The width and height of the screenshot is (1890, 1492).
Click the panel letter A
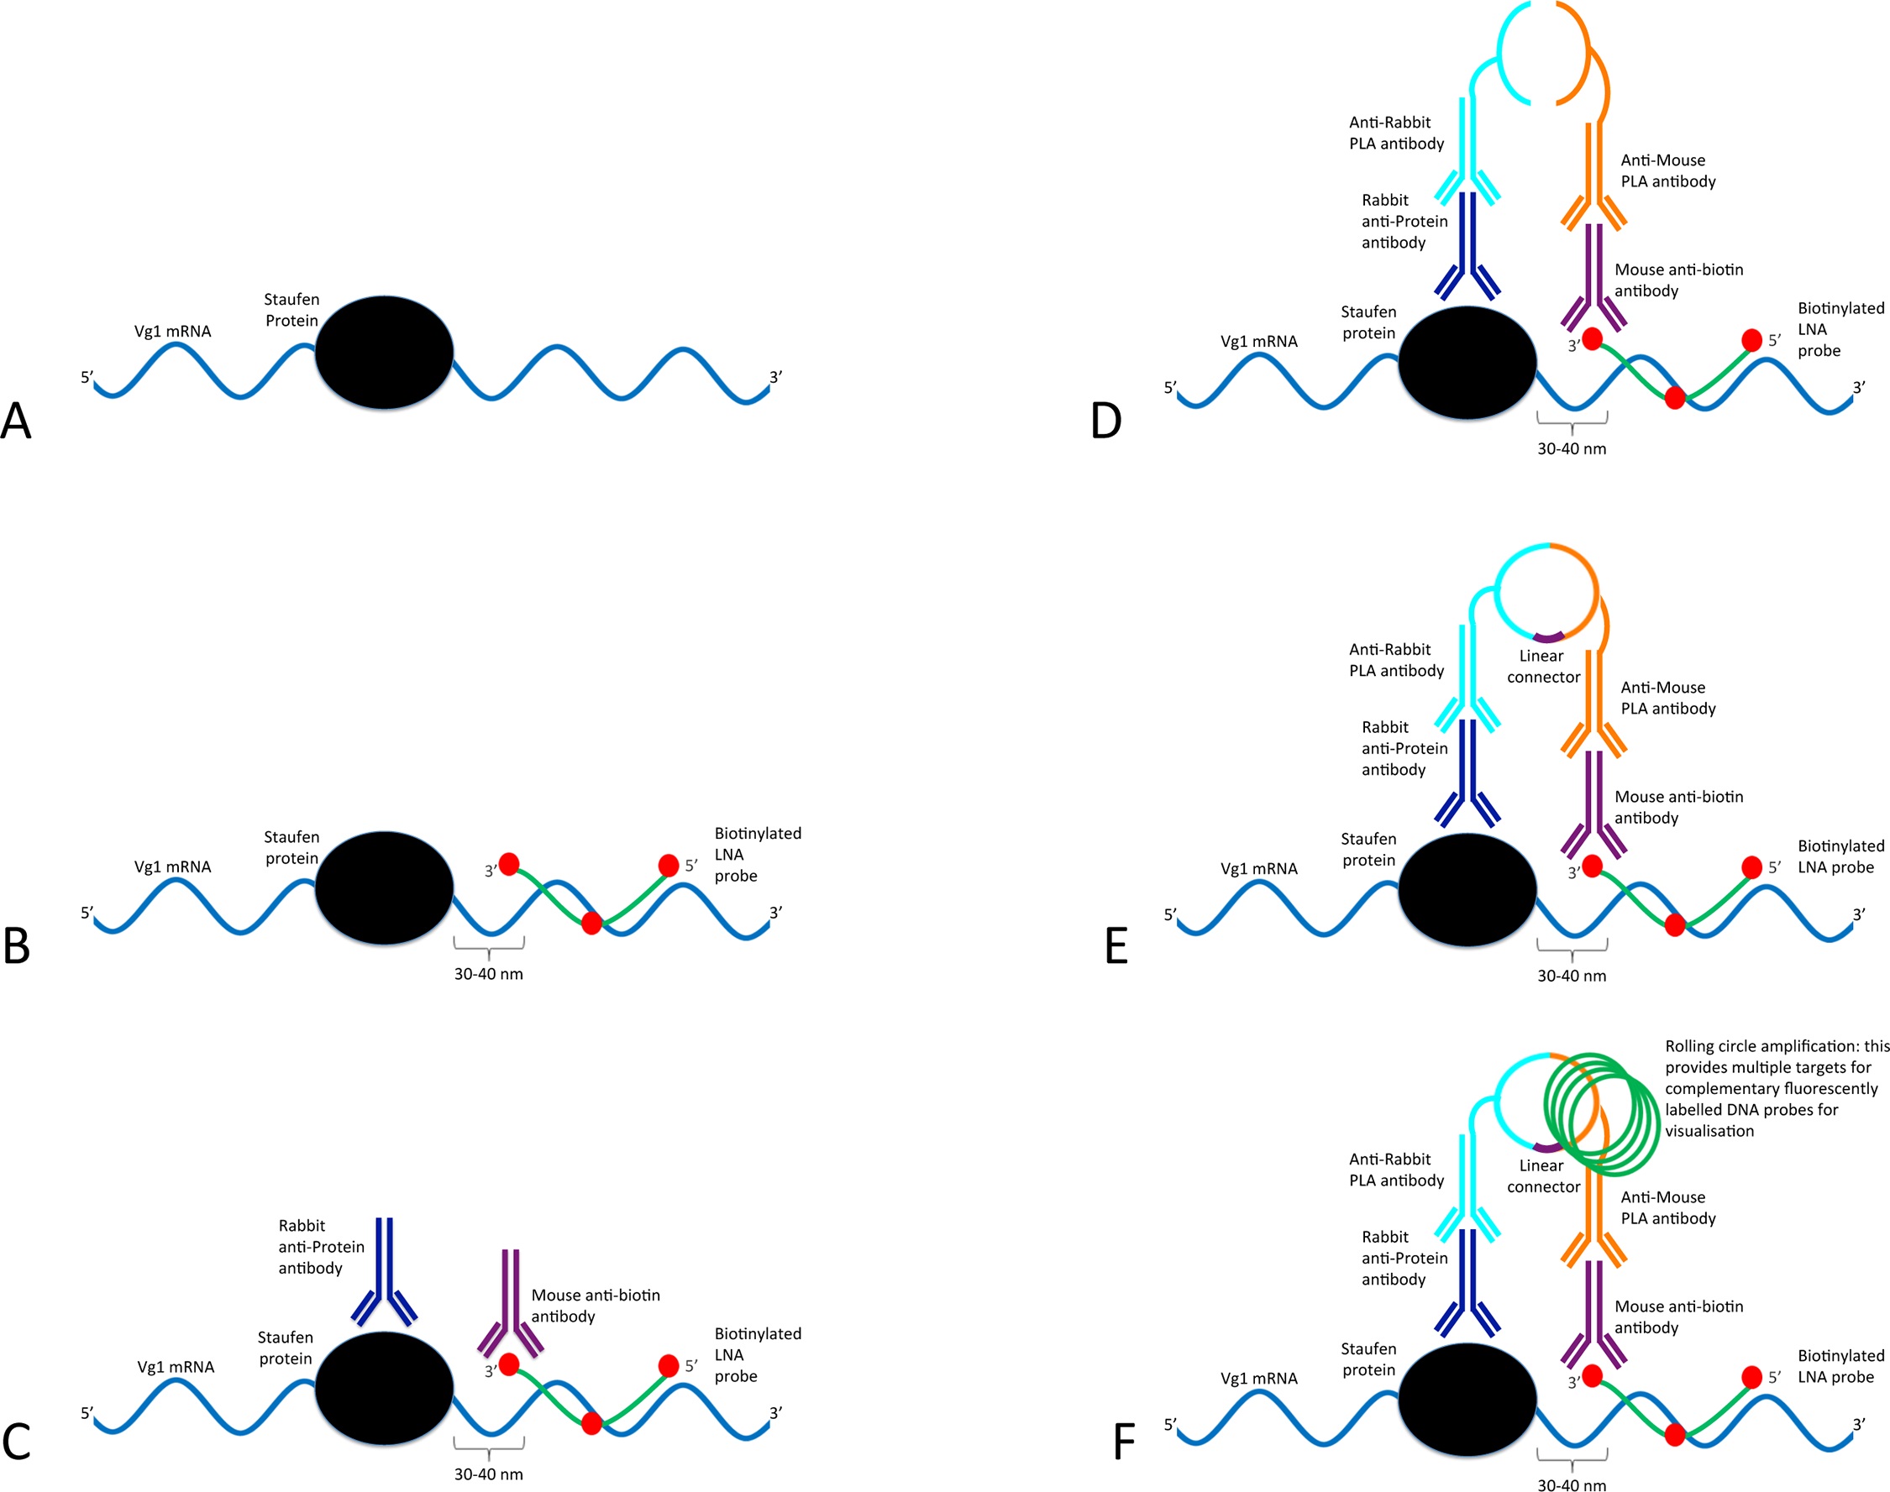point(16,420)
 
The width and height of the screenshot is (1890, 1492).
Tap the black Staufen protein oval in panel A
point(384,352)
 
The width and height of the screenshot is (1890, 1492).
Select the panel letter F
point(1124,1442)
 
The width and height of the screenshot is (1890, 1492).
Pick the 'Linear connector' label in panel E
point(1543,667)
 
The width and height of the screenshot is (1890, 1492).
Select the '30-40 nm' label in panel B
point(488,974)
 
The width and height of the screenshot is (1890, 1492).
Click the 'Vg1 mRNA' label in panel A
point(172,331)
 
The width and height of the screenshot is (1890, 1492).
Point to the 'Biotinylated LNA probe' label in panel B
point(757,855)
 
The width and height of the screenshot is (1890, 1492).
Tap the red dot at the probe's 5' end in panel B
point(669,866)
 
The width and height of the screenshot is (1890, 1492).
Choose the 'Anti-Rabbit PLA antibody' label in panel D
point(1396,133)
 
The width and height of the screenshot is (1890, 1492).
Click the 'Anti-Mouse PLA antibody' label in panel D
point(1667,171)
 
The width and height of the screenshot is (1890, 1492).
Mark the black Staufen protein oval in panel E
point(1467,889)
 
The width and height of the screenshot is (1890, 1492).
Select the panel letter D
point(1106,420)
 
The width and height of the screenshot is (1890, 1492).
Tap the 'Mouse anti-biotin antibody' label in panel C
point(595,1306)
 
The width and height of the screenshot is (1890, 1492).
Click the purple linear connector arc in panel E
point(1548,636)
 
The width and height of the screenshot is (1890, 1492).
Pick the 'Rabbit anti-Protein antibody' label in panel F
point(1404,1258)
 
